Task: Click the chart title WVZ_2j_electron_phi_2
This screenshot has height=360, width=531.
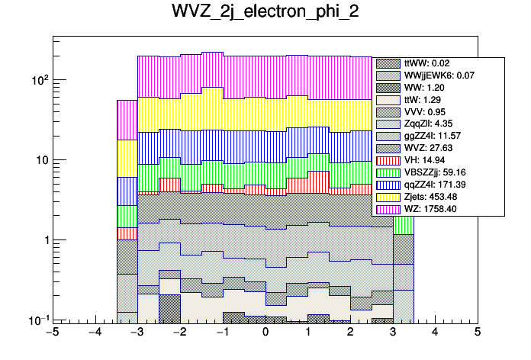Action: [x=265, y=14]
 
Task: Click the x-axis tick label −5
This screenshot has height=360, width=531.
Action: [x=52, y=333]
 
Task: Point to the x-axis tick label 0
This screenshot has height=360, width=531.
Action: [x=265, y=333]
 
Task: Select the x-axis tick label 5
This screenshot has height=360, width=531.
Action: [x=477, y=333]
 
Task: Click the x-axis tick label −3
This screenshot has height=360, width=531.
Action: [x=137, y=333]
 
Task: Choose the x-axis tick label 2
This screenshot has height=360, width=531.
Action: [x=350, y=333]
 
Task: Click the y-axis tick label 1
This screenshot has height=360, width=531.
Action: [x=41, y=240]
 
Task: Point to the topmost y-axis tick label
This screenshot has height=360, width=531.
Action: [x=36, y=80]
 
